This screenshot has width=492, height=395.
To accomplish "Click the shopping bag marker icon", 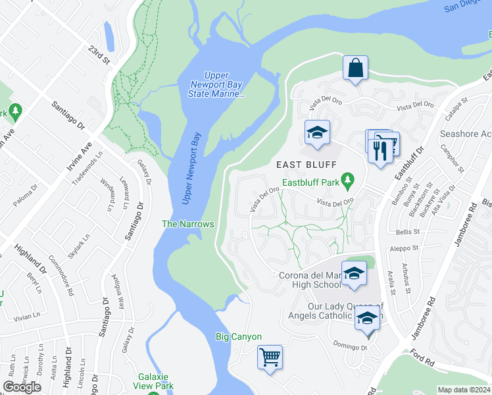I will pos(355,68).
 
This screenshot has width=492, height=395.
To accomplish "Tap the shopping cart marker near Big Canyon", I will pos(270,357).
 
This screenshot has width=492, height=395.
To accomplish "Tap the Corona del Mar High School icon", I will pos(354,274).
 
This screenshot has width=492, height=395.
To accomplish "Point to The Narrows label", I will pos(188,224).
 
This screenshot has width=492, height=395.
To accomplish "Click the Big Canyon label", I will pos(239,336).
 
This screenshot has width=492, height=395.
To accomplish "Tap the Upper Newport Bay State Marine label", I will pos(225,85).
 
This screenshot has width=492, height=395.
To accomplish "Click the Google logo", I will pos(22,387).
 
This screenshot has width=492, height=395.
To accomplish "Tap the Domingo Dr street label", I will pos(349,346).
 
